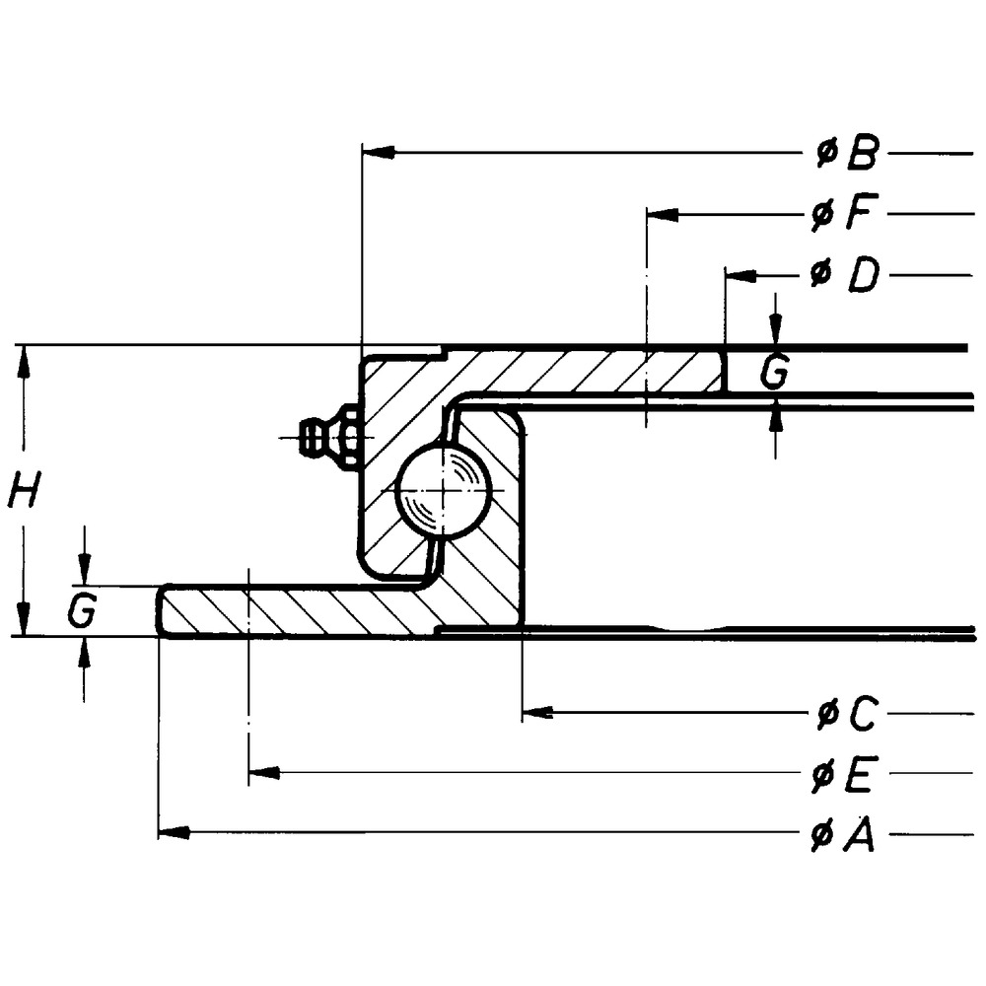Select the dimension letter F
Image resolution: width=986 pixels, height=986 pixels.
point(863,214)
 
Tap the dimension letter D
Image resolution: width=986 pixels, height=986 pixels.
point(863,276)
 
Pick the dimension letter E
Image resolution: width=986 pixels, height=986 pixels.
point(857,776)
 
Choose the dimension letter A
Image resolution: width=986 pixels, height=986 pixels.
point(858,836)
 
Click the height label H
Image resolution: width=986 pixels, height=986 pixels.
point(24,489)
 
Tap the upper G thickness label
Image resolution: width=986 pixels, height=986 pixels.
point(776,372)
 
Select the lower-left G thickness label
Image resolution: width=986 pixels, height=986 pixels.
point(82,611)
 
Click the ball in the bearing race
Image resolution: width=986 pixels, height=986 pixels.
point(443,490)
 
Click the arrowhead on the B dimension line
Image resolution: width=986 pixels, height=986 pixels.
point(379,153)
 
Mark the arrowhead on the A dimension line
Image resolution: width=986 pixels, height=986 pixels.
point(174,834)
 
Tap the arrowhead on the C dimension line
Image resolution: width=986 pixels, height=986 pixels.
point(537,712)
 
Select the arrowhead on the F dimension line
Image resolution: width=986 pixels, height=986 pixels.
point(663,214)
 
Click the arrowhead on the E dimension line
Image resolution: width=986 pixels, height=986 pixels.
point(264,773)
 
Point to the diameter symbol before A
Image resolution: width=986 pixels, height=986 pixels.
point(821,837)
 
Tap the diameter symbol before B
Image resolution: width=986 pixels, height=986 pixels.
point(825,153)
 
